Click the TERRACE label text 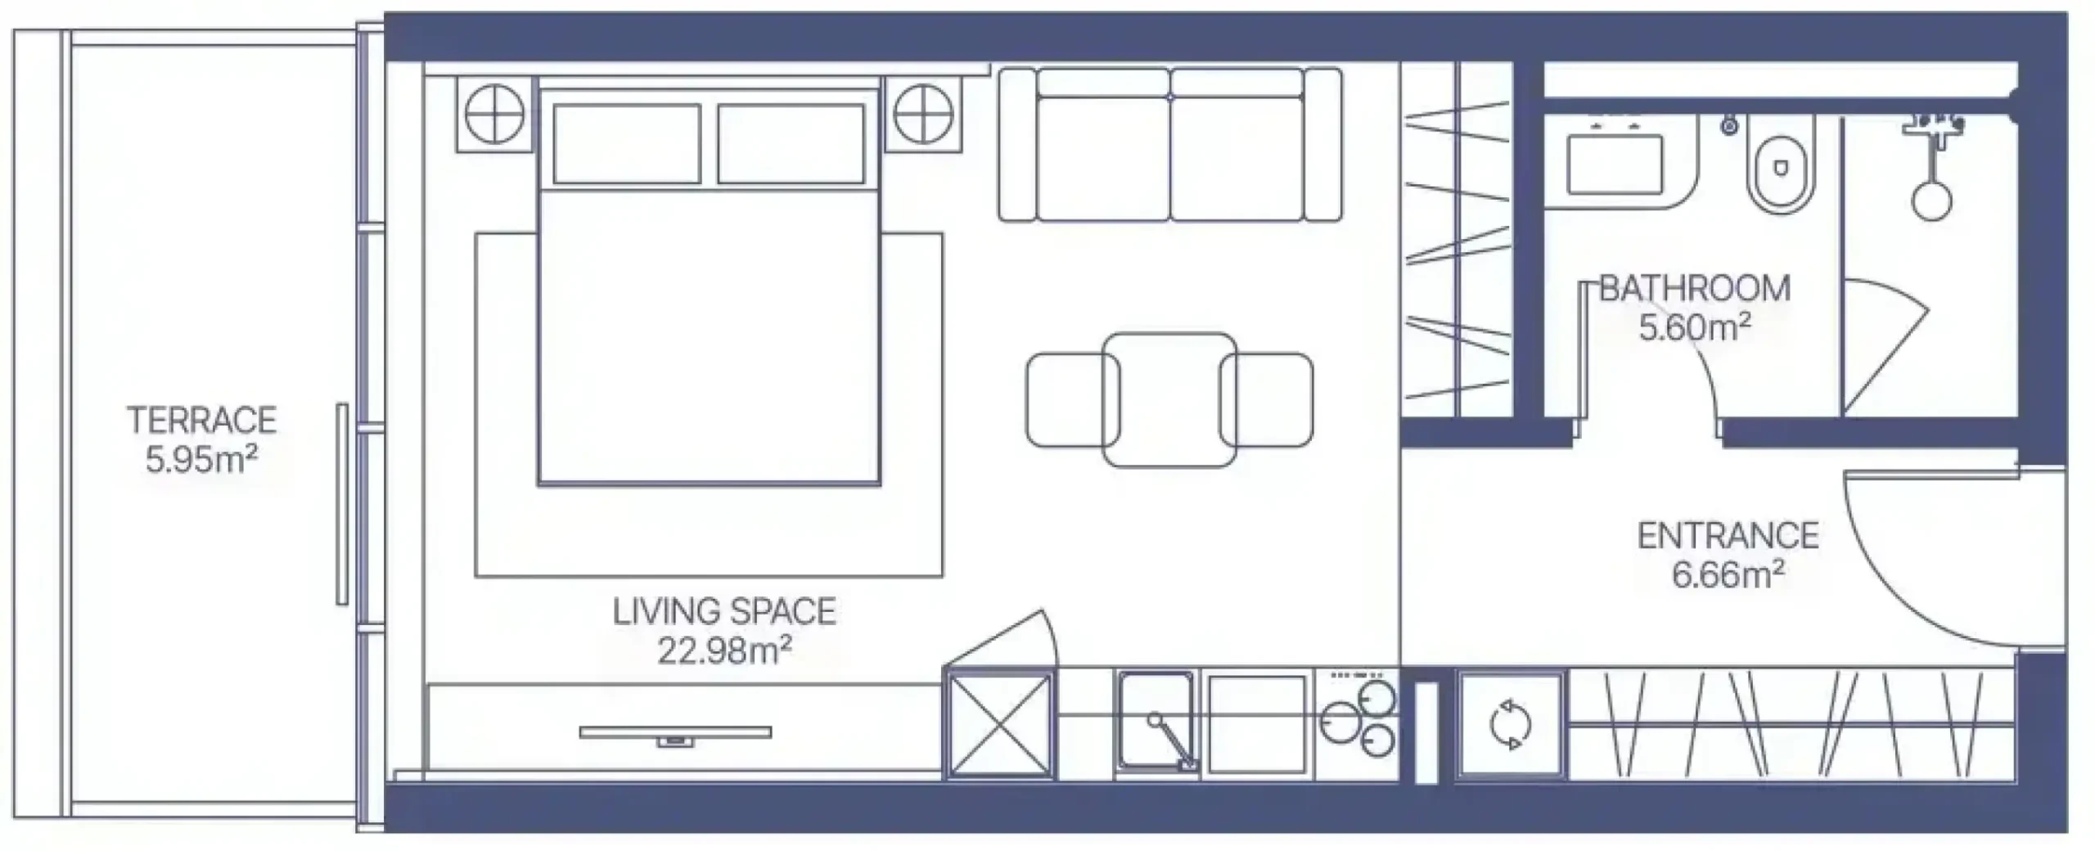click(x=202, y=420)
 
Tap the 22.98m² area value click(x=724, y=651)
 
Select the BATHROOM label click(x=1695, y=289)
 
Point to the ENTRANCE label click(x=1728, y=536)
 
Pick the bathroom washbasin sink click(x=1615, y=164)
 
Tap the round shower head click(x=1931, y=200)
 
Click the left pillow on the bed click(x=627, y=144)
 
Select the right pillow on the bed click(x=791, y=144)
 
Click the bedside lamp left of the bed click(x=495, y=115)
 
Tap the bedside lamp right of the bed click(x=923, y=115)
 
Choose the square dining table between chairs click(x=1169, y=399)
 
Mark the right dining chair click(x=1266, y=400)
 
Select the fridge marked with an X click(x=999, y=723)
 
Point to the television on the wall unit click(x=675, y=734)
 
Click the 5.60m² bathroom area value click(x=1695, y=328)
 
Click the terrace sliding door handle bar click(x=342, y=504)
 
